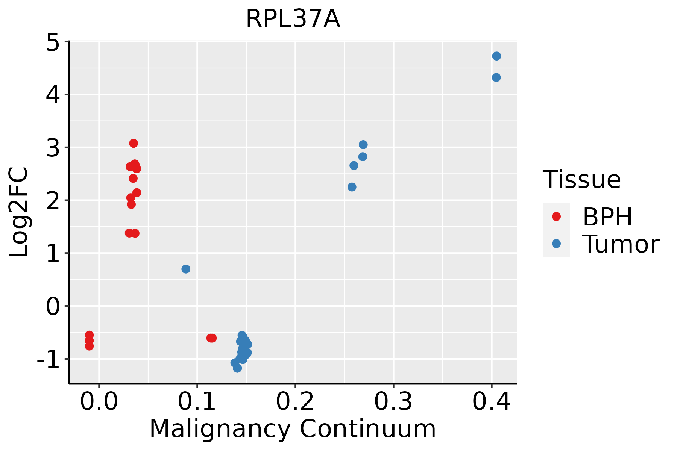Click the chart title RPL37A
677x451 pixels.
[293, 19]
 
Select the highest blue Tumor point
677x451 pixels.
[496, 56]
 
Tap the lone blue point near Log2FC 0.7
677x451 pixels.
[186, 269]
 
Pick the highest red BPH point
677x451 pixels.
[134, 143]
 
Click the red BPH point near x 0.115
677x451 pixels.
[212, 338]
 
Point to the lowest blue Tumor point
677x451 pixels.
[237, 368]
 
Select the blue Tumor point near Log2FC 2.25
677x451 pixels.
[352, 187]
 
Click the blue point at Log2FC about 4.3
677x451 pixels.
[496, 77]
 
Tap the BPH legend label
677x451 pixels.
[607, 217]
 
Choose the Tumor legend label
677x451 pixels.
[621, 244]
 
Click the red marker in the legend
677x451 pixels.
[556, 216]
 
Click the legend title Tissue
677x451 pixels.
[582, 179]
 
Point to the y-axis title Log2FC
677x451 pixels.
[19, 212]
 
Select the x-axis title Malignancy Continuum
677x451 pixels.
[293, 429]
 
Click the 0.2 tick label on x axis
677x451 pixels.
[295, 402]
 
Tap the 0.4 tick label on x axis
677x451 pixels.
[492, 402]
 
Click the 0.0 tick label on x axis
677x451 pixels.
[99, 402]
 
